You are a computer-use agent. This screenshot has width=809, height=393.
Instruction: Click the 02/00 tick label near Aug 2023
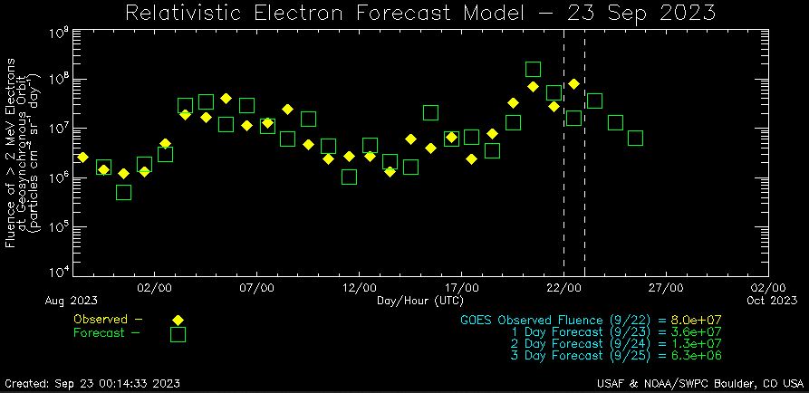click(155, 287)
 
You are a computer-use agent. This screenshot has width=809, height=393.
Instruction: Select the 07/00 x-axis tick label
click(257, 287)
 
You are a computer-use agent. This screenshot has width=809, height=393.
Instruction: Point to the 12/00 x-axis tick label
click(360, 287)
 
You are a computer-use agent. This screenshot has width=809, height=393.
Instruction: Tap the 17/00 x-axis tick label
click(462, 287)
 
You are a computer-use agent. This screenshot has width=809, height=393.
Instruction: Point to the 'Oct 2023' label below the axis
click(772, 300)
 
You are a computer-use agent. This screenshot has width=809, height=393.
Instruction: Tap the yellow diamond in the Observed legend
click(178, 320)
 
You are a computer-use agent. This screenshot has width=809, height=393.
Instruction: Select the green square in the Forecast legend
click(178, 334)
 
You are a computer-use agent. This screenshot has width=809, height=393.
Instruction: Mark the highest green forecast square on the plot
click(534, 70)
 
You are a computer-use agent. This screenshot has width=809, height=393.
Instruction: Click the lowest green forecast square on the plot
click(124, 192)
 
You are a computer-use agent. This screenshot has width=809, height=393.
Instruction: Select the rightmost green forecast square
click(636, 139)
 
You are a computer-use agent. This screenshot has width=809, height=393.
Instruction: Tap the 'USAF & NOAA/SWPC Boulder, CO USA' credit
click(701, 382)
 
